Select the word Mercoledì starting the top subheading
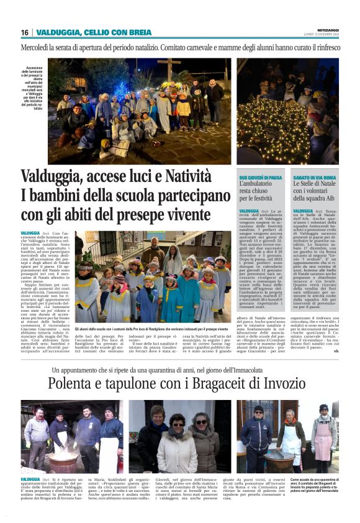coord(40,47)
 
